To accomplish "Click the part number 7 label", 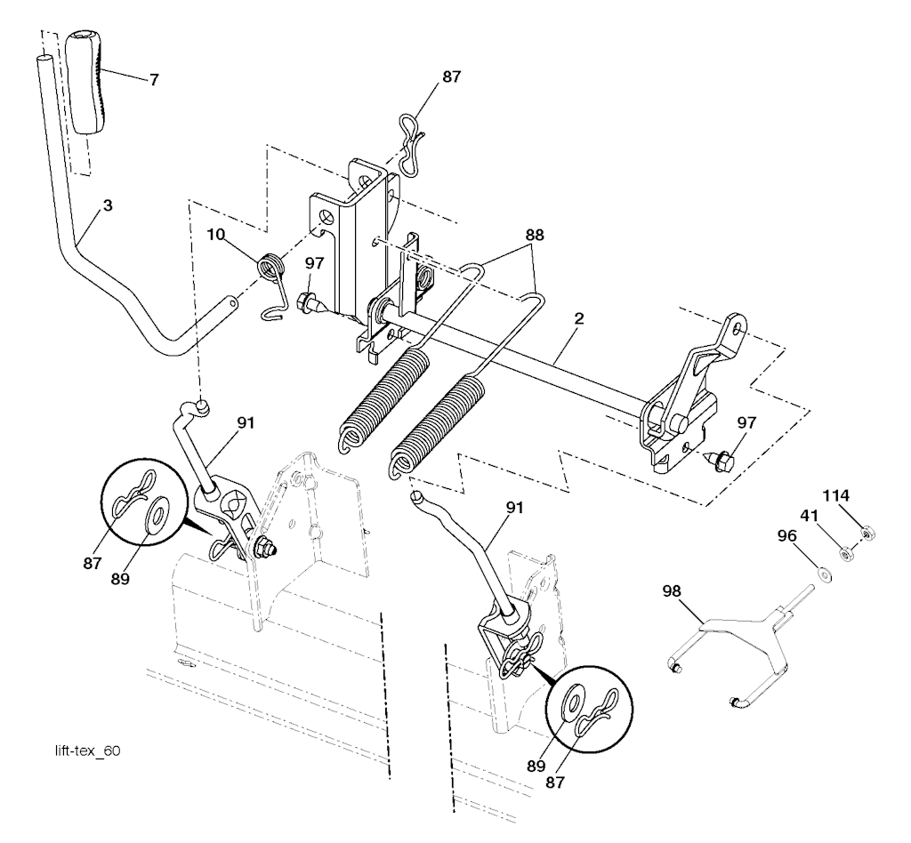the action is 153,79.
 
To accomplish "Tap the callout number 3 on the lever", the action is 108,205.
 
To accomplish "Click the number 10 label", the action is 215,234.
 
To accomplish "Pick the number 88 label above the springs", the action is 535,235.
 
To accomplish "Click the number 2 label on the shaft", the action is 578,318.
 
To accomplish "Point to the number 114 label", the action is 835,496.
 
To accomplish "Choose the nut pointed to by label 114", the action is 867,532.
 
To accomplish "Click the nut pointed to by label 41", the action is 847,554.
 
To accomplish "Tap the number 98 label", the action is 673,591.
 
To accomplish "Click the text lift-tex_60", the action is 88,751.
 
